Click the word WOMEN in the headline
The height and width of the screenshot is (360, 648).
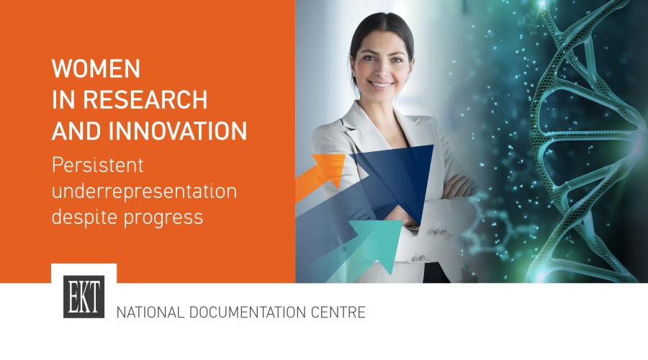[x=96, y=68]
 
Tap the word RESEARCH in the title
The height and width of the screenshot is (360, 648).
[x=145, y=99]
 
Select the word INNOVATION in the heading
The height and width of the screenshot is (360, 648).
[x=178, y=131]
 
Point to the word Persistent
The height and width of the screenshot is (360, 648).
[x=97, y=165]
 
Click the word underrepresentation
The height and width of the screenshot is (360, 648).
[x=144, y=191]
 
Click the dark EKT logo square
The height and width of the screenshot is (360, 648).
[x=84, y=297]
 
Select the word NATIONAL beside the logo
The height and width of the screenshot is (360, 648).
[x=150, y=312]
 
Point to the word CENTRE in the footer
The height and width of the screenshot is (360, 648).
[x=338, y=312]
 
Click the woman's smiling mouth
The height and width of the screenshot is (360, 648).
[x=381, y=85]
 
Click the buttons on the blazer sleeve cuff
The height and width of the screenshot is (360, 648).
[x=437, y=231]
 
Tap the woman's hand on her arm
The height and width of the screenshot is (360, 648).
[x=459, y=186]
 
